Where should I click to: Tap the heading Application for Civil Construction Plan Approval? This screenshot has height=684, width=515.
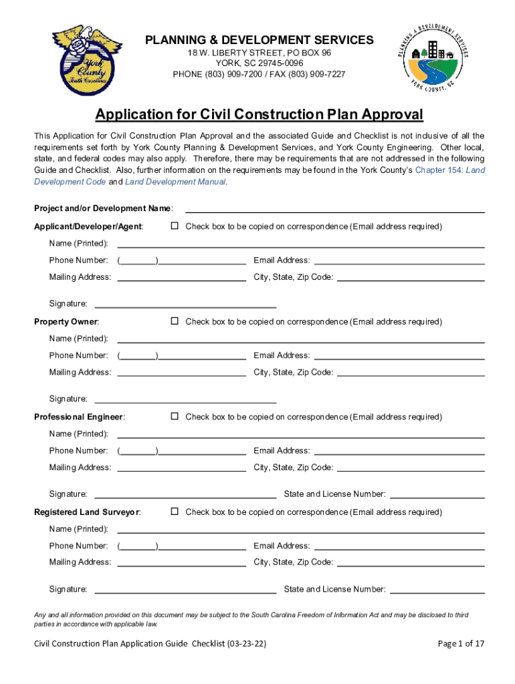[259, 115]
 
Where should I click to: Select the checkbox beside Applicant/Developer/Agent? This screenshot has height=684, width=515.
[175, 226]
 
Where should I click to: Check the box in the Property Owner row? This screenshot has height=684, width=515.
[175, 321]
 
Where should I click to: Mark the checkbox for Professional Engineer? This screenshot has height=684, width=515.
[175, 417]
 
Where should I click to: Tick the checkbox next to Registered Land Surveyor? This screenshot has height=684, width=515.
[175, 512]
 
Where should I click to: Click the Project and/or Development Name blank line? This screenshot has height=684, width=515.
[334, 210]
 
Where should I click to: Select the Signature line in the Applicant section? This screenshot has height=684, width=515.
[185, 306]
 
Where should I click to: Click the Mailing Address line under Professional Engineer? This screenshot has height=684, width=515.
[181, 470]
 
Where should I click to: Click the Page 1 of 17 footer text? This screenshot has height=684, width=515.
[461, 644]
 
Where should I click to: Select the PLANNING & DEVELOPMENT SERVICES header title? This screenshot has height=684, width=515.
[260, 40]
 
